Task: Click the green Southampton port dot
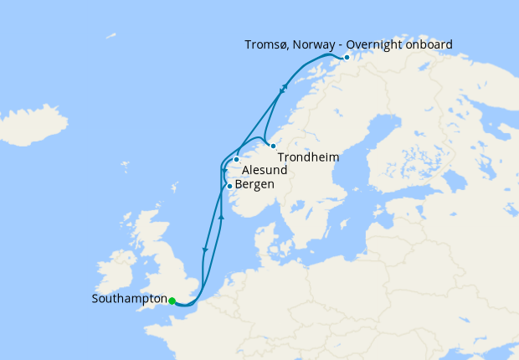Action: (172, 301)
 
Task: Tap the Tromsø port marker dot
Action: (347, 58)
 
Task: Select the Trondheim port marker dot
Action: (273, 146)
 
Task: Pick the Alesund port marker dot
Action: (237, 159)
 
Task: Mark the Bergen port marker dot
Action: (229, 186)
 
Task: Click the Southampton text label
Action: (129, 299)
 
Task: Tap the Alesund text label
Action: (265, 170)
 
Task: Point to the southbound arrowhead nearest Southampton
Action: (204, 249)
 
